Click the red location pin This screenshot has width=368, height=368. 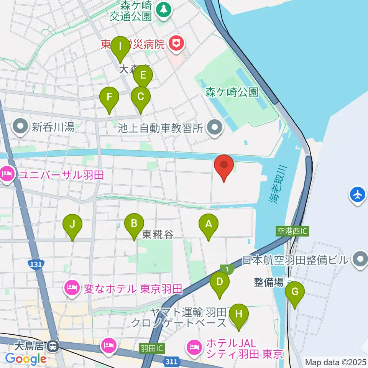(223, 167)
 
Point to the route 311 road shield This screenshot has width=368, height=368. (172, 361)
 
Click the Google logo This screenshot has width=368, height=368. (26, 359)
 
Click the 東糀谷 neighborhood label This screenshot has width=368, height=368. (158, 234)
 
